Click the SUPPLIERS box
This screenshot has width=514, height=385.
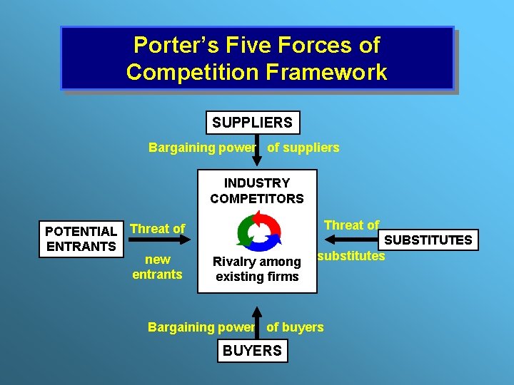point(252,123)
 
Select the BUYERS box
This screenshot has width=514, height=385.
point(252,351)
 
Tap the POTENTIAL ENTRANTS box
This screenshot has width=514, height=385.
point(81,239)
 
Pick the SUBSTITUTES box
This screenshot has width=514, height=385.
point(428,240)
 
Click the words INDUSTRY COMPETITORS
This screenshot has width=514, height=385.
point(256,191)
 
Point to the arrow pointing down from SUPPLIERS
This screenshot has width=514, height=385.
point(257,151)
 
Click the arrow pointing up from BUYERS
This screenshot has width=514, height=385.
point(257,321)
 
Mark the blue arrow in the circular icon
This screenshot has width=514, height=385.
point(269,240)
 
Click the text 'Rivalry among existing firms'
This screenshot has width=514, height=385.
point(257,269)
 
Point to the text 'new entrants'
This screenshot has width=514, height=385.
point(157,267)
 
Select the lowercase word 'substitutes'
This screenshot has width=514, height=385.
point(351,256)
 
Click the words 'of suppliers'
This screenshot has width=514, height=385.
point(303,148)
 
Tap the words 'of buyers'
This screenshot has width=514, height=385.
point(295,327)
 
